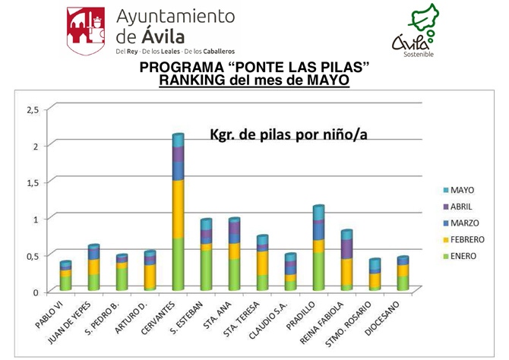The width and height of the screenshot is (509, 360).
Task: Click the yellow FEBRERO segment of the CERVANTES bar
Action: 177,208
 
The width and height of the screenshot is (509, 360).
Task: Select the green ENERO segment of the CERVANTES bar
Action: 177,263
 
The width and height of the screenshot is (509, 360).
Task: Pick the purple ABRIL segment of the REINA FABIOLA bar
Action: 346,248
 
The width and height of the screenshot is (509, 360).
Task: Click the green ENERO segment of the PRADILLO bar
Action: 318,270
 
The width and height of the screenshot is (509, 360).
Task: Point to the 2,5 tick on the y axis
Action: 31,109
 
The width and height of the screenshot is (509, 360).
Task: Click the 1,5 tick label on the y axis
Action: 31,182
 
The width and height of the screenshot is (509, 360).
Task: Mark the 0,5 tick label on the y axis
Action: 31,255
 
